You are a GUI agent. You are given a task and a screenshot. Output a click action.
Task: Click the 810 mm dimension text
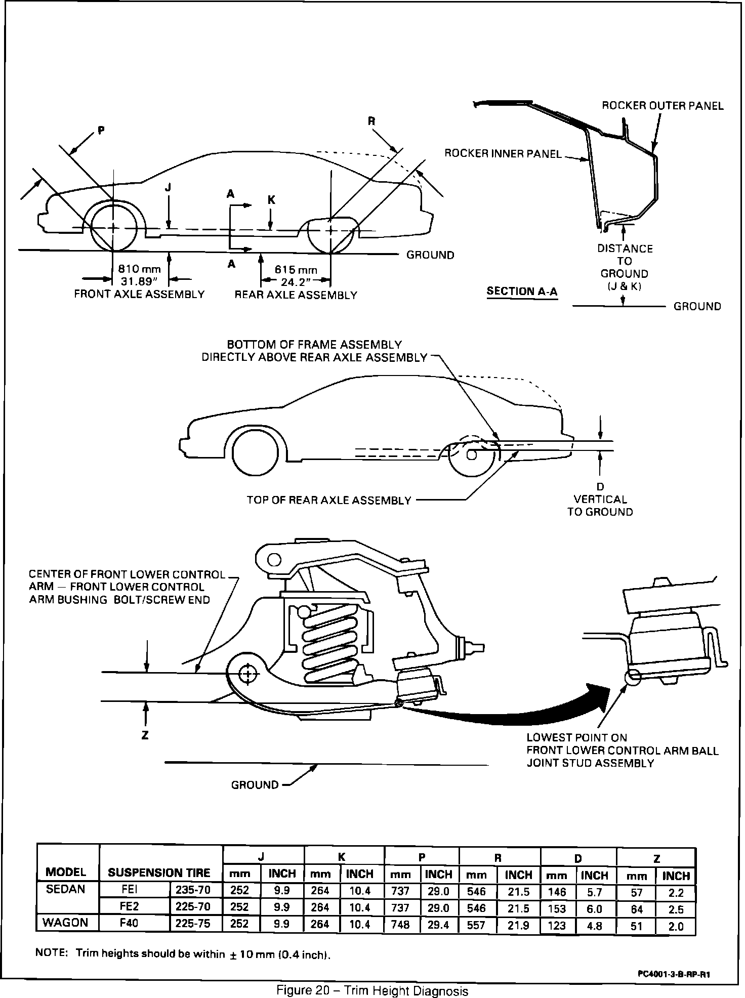coord(139,269)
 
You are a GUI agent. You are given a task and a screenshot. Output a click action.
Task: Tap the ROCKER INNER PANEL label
coord(503,153)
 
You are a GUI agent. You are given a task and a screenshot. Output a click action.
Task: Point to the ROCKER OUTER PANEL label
coord(663,106)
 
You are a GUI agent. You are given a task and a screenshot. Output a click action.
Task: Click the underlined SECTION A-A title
coord(522,291)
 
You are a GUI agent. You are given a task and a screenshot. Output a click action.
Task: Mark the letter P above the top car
coord(101,131)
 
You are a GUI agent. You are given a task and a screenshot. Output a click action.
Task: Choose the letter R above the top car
coord(372,121)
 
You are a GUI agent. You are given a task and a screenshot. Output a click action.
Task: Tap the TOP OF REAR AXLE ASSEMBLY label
coord(329,501)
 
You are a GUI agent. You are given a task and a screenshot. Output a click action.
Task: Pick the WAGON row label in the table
coord(65,922)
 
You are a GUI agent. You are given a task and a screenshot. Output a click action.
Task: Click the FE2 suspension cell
coord(130,906)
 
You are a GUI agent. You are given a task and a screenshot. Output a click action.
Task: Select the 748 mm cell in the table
coord(400,923)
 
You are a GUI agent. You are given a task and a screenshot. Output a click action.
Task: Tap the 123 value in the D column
coord(557,924)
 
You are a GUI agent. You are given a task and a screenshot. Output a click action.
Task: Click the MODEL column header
coord(66,872)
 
